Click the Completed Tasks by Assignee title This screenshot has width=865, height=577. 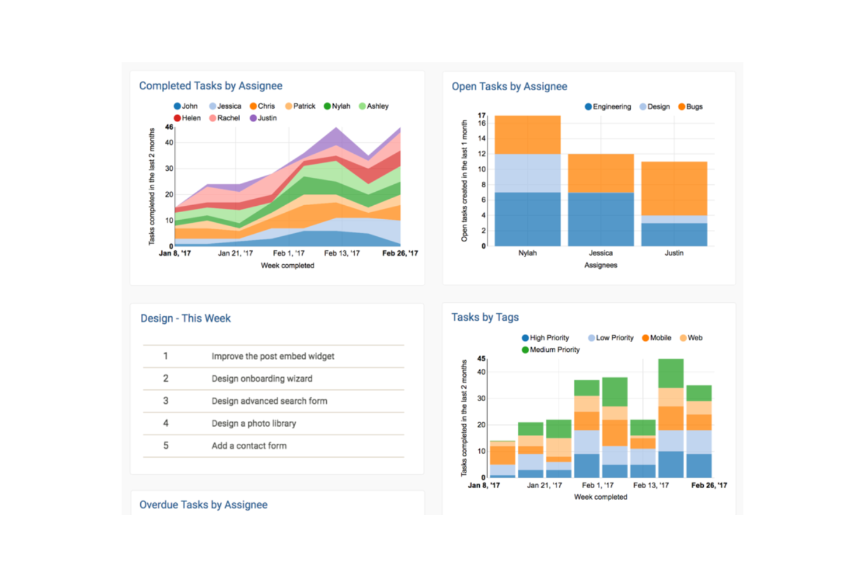coord(210,86)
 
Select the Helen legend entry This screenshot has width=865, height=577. coord(188,118)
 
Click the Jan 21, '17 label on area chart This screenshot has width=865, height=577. coord(235,253)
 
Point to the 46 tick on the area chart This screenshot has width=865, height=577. coord(169,127)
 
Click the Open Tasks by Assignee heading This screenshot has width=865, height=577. coord(509,87)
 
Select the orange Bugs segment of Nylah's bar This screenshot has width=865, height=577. coord(527,134)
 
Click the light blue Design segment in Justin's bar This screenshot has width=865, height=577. coord(674,219)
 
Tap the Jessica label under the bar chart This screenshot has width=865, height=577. coord(601,253)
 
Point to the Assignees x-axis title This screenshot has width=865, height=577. coord(601,265)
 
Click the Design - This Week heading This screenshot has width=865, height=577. coord(185,319)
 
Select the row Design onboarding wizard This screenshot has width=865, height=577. coord(262,379)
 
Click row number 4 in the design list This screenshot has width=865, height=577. coord(166,423)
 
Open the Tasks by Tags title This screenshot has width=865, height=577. coord(485,317)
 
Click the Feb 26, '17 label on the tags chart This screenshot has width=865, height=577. coord(709,485)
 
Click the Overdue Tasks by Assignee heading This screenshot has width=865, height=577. coord(203,505)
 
